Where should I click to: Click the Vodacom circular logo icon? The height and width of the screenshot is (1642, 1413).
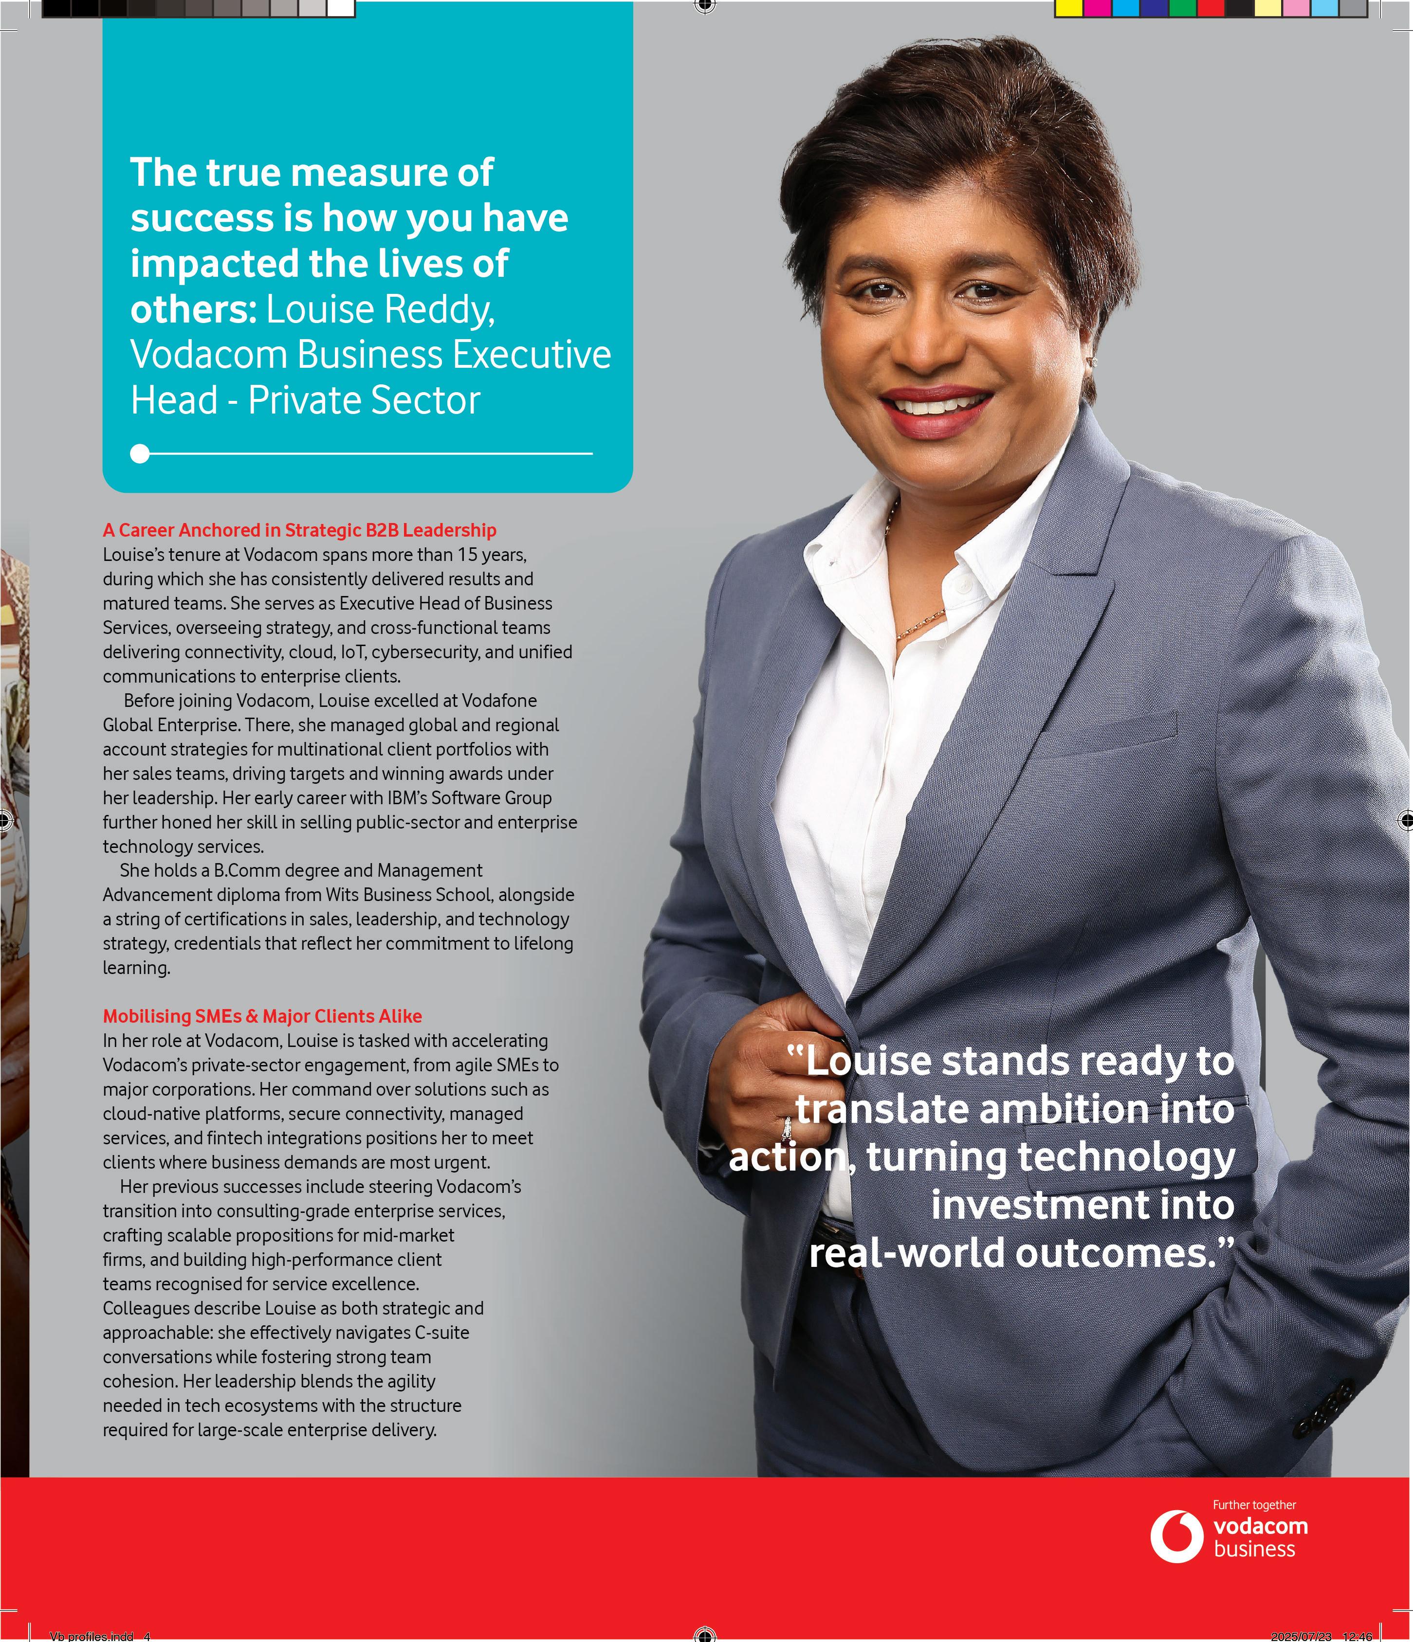tap(1177, 1536)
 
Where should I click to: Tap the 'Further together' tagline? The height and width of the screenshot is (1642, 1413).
tap(1254, 1504)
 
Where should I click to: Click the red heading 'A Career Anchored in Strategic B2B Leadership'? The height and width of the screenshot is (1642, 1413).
tap(300, 530)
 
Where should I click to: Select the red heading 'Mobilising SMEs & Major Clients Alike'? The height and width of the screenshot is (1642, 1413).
tap(262, 1016)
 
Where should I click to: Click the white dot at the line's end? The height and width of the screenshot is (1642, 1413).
tap(140, 453)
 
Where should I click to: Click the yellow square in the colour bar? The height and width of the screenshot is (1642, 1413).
tap(1068, 8)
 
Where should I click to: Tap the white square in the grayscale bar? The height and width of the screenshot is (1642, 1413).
tap(340, 8)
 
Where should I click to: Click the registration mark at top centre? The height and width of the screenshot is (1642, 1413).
tap(704, 6)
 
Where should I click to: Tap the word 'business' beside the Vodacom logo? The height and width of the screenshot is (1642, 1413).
tap(1254, 1549)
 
